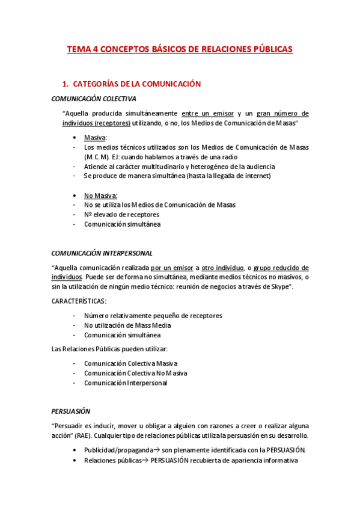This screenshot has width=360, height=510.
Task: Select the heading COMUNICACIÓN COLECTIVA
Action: (x=93, y=99)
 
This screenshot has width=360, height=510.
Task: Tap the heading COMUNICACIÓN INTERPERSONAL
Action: (x=102, y=253)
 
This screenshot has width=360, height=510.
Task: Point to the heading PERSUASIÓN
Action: (x=70, y=411)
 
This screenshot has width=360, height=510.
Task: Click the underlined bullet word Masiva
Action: (x=94, y=137)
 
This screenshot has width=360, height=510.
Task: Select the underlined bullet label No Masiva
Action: (x=100, y=195)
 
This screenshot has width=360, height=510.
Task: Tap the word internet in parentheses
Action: (x=257, y=176)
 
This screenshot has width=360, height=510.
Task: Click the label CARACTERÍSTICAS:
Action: (x=79, y=301)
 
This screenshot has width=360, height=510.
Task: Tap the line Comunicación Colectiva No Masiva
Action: (x=135, y=373)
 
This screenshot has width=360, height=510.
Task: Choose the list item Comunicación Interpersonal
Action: (x=125, y=382)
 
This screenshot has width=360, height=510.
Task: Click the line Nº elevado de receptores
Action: (x=121, y=215)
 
